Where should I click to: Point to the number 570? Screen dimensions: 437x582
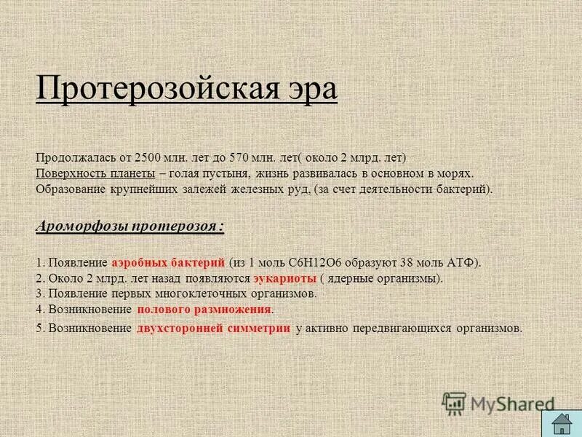click(241, 157)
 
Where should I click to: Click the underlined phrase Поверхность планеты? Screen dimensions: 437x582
click(95, 174)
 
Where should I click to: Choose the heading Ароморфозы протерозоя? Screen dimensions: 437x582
click(130, 226)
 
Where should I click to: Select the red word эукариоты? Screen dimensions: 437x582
click(284, 278)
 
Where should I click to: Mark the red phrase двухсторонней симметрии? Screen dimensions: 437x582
click(214, 328)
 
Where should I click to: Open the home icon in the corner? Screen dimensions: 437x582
click(561, 423)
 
